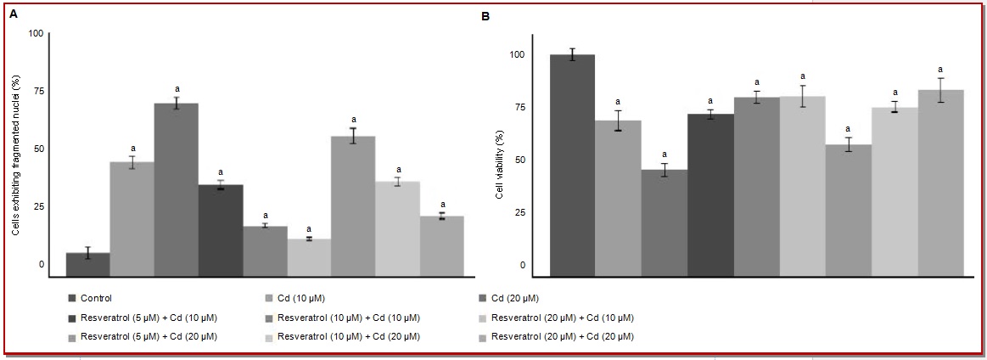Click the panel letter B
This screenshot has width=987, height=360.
coord(485,15)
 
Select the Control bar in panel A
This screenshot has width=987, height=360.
coord(87,264)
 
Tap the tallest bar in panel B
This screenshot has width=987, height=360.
coord(572,166)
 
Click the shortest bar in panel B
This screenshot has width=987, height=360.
coord(665,222)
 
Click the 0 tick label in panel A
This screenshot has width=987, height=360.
coord(40,264)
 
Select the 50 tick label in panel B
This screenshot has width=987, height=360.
coord(520,160)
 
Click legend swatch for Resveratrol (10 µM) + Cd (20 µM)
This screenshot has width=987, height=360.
coord(269,337)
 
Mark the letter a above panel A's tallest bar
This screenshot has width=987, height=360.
coord(177,89)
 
